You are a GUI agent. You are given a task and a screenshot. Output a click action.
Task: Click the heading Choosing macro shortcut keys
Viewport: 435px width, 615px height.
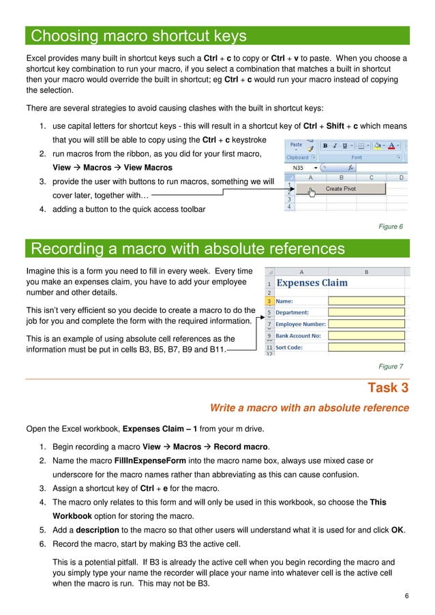[139, 35]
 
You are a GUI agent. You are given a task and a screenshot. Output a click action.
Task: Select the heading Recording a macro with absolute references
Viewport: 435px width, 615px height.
[187, 248]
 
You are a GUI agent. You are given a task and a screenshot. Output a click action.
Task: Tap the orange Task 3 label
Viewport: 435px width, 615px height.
[388, 388]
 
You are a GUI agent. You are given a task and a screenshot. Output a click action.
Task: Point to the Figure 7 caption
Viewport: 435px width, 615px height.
[391, 367]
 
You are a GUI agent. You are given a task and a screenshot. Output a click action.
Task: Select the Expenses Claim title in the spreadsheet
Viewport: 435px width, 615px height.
[312, 283]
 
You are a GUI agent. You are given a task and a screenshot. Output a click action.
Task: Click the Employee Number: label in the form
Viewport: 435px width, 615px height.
[301, 325]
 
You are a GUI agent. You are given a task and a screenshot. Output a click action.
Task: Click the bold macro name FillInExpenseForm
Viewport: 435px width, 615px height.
[149, 460]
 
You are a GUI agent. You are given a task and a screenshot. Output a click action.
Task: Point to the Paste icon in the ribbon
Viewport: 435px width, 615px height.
[296, 146]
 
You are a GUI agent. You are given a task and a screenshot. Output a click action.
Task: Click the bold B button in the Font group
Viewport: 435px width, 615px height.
[325, 146]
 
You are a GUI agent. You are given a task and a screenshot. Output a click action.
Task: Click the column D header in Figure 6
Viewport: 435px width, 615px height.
[401, 177]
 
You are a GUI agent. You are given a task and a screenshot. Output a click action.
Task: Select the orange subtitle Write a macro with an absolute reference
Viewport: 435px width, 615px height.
[309, 408]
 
